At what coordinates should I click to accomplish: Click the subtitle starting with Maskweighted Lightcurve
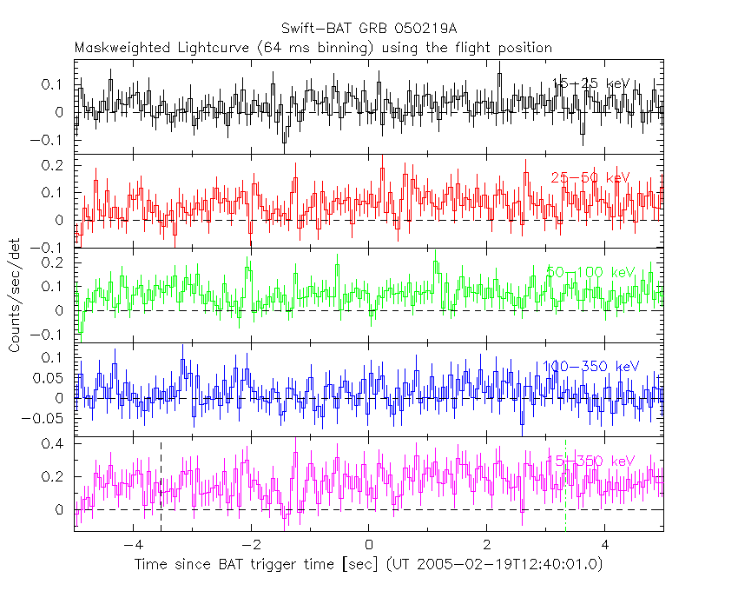[313, 47]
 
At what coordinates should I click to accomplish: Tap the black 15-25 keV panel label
[591, 83]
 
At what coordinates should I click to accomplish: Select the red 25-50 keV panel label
[590, 177]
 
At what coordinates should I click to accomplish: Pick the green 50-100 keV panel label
[591, 272]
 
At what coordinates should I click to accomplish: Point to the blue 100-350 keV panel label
[590, 367]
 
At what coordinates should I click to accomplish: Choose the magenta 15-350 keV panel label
[590, 461]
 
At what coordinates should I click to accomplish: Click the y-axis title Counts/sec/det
[15, 295]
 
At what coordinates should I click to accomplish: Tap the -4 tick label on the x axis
[133, 545]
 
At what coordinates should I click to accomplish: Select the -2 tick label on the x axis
[250, 545]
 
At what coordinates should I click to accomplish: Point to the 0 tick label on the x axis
[369, 545]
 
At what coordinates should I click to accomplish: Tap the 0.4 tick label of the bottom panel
[54, 443]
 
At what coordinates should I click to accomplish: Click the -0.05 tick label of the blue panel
[47, 418]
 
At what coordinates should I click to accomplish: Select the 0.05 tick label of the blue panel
[50, 377]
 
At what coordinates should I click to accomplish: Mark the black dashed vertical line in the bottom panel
[161, 487]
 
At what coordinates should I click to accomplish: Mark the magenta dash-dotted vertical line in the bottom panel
[565, 487]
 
